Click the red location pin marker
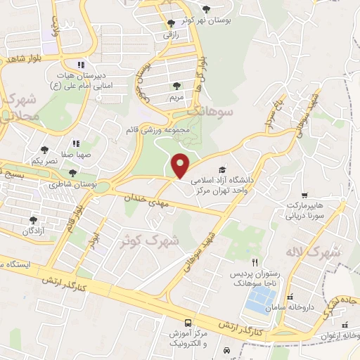pyautogui.click(x=181, y=165)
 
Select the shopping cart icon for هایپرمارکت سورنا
pyautogui.click(x=304, y=195)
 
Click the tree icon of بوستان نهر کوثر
pyautogui.click(x=205, y=9)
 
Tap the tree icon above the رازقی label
pyautogui.click(x=171, y=24)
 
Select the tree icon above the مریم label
pyautogui.click(x=176, y=86)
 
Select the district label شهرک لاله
pyautogui.click(x=313, y=252)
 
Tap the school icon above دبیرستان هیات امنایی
pyautogui.click(x=82, y=65)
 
